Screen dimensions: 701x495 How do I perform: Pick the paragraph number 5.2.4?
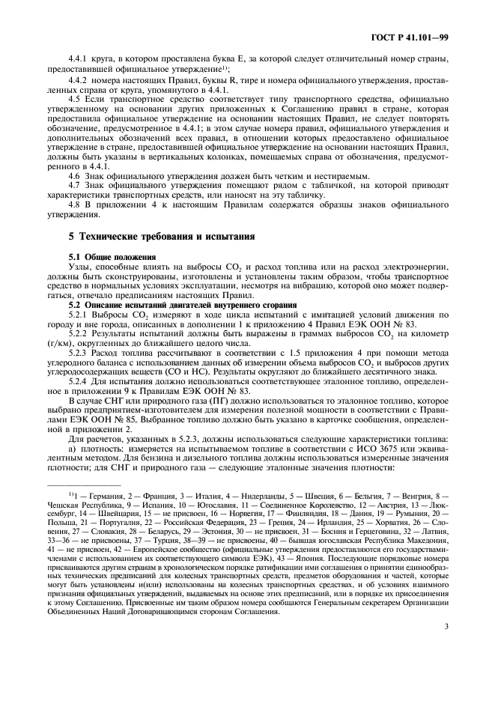(x=79, y=384)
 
